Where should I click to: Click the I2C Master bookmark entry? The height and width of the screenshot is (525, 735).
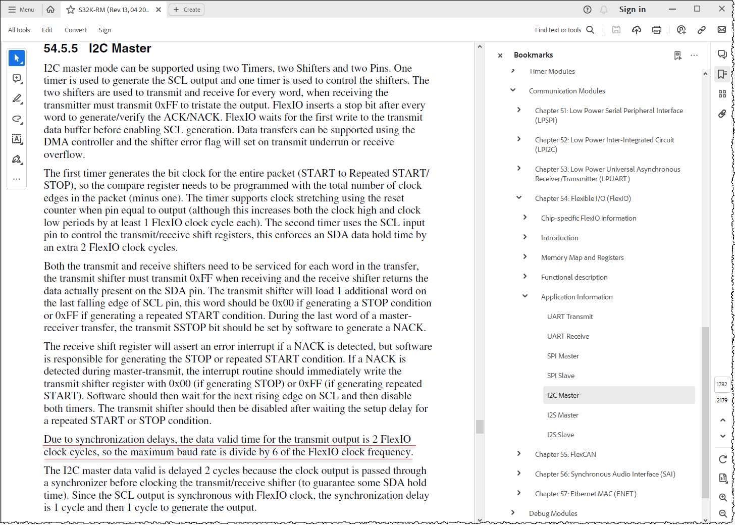coord(563,395)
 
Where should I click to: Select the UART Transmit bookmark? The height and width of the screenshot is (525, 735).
coord(570,317)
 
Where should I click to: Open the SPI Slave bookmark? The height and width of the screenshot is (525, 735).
coord(560,376)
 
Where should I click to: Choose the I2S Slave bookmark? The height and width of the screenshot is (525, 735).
coord(560,435)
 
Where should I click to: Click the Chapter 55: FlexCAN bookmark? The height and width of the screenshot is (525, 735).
coord(565,454)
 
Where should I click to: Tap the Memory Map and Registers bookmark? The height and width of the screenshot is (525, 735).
coord(582,257)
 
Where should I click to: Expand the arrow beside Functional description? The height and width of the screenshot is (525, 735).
coord(525,277)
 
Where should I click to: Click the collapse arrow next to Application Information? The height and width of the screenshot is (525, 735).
coord(525,296)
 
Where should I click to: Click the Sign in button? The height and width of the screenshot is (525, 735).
coord(632,10)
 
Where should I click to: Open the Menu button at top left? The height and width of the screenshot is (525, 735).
coord(21,10)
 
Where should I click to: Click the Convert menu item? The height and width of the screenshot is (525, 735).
coord(76,30)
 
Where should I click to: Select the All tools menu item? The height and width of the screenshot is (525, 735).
coord(19,30)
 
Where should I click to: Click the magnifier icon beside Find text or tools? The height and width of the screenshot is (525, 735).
coord(590,30)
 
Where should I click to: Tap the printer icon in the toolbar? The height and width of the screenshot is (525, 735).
coord(656,30)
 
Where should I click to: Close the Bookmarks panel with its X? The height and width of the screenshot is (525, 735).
coord(500,56)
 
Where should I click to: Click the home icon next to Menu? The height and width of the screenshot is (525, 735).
coord(50,10)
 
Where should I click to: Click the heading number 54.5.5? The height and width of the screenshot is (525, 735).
coord(61,48)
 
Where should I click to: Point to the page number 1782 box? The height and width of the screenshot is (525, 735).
coord(722,384)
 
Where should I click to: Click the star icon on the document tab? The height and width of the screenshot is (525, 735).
coord(71,10)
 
